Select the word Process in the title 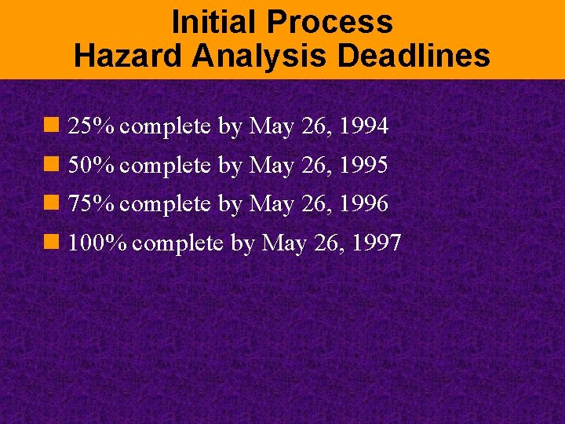[x=331, y=22]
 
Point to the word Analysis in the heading [x=245, y=57]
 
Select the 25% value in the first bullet [x=93, y=126]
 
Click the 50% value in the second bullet [x=93, y=165]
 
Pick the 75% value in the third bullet [x=93, y=204]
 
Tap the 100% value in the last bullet [x=98, y=243]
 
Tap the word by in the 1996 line [x=230, y=205]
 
